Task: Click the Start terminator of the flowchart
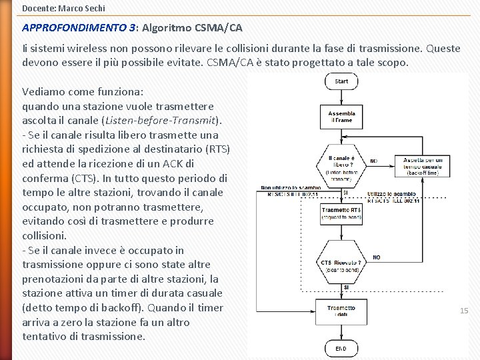tap(341, 81)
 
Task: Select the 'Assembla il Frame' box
tap(341, 117)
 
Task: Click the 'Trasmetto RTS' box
tap(341, 213)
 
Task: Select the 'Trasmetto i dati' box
tap(341, 311)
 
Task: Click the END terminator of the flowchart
tap(341, 348)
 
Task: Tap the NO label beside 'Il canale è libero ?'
tap(373, 161)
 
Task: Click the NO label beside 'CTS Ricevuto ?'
tap(377, 257)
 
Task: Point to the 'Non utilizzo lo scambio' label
tap(292, 187)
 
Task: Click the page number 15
tap(464, 311)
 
